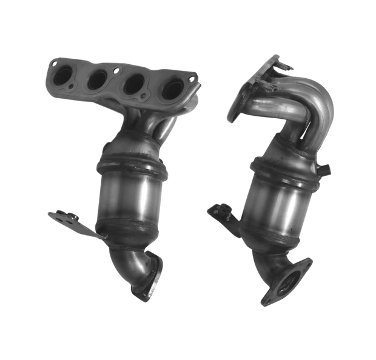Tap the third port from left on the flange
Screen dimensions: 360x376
pos(132,85)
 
